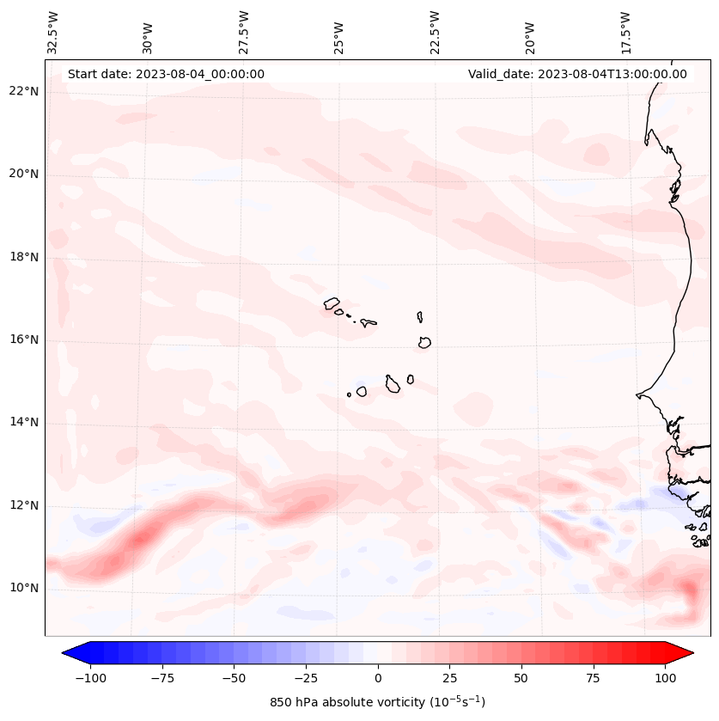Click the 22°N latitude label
(x=23, y=91)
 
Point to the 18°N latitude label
(x=23, y=257)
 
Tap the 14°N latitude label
(x=23, y=422)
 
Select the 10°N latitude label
(x=23, y=589)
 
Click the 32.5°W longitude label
(x=53, y=32)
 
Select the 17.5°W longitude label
(x=625, y=32)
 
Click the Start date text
(x=166, y=74)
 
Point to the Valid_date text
(x=577, y=74)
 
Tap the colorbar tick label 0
(x=378, y=678)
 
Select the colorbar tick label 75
(x=594, y=678)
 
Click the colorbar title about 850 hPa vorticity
(x=378, y=702)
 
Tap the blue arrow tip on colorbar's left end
(x=69, y=653)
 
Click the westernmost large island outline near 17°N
(x=332, y=303)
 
